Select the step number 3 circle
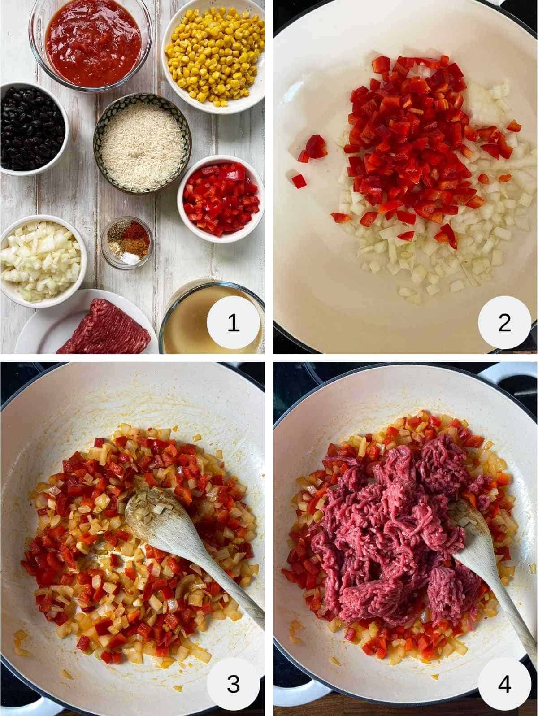click(x=233, y=684)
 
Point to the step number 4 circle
click(x=504, y=684)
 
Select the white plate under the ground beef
click(x=40, y=327)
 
